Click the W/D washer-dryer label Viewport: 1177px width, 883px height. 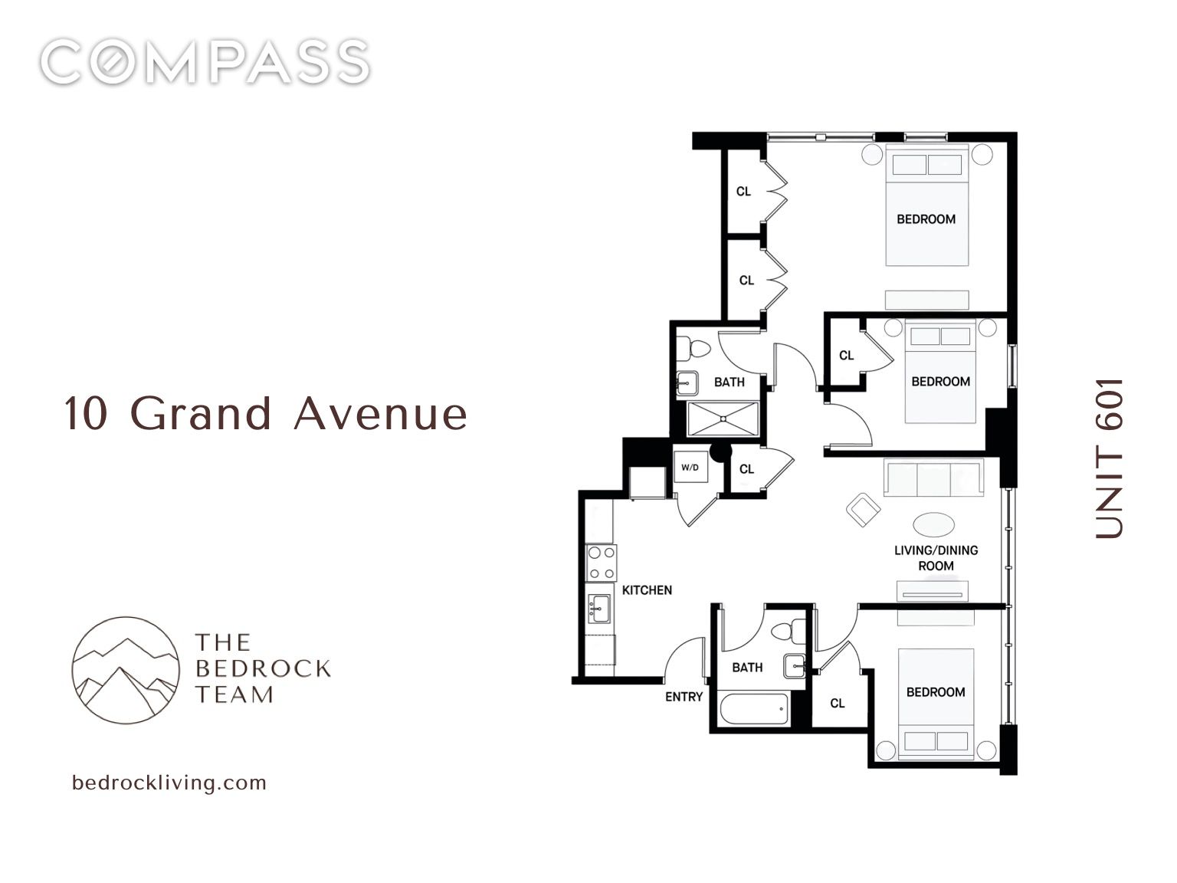[x=690, y=468]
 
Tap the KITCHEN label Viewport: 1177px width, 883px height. [x=647, y=590]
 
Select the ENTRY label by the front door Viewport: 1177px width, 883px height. [x=684, y=697]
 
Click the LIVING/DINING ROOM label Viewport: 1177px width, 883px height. [x=936, y=557]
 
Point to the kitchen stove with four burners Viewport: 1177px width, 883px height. [x=601, y=563]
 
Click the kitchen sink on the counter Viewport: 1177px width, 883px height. [x=599, y=609]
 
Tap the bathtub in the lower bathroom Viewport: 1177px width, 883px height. [x=755, y=709]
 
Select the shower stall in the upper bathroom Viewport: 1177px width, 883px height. [x=723, y=419]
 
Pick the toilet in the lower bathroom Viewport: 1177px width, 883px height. [x=788, y=631]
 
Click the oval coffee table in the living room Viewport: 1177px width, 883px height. [x=933, y=524]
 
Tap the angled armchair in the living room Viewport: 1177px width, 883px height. [x=863, y=509]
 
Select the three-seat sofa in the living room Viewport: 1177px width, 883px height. [x=933, y=478]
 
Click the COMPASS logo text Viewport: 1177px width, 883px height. [x=205, y=61]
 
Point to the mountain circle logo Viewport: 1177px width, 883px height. [x=126, y=670]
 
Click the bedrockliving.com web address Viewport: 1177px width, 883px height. [x=169, y=783]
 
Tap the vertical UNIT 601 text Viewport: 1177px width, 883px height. [x=1108, y=458]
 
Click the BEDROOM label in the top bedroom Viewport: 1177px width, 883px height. [x=926, y=219]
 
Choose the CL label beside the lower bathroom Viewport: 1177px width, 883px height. [x=837, y=704]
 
